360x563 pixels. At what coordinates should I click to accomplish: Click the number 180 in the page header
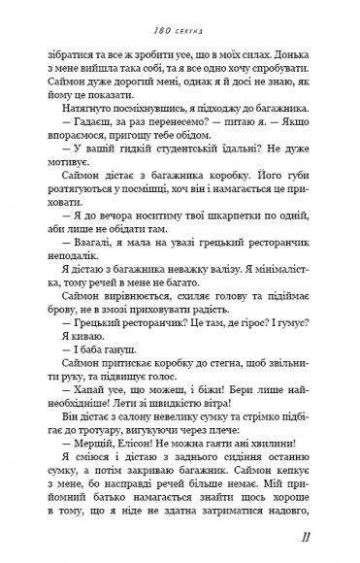161,16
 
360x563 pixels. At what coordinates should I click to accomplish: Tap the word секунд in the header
190,16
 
